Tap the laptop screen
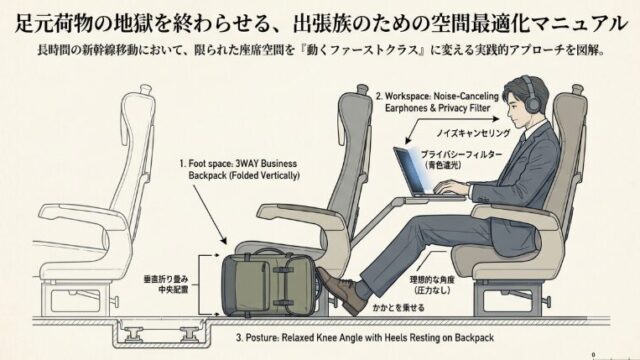[409, 170]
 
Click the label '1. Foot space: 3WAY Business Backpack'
[240, 169]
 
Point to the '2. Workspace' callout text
[438, 102]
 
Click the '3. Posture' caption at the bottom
[365, 338]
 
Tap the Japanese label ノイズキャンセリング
[473, 133]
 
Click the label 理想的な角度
[432, 280]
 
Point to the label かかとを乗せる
[398, 308]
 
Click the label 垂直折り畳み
[166, 280]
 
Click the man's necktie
[522, 141]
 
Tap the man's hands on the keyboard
[450, 189]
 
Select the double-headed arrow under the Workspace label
[452, 131]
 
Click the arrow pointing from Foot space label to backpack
[209, 214]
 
